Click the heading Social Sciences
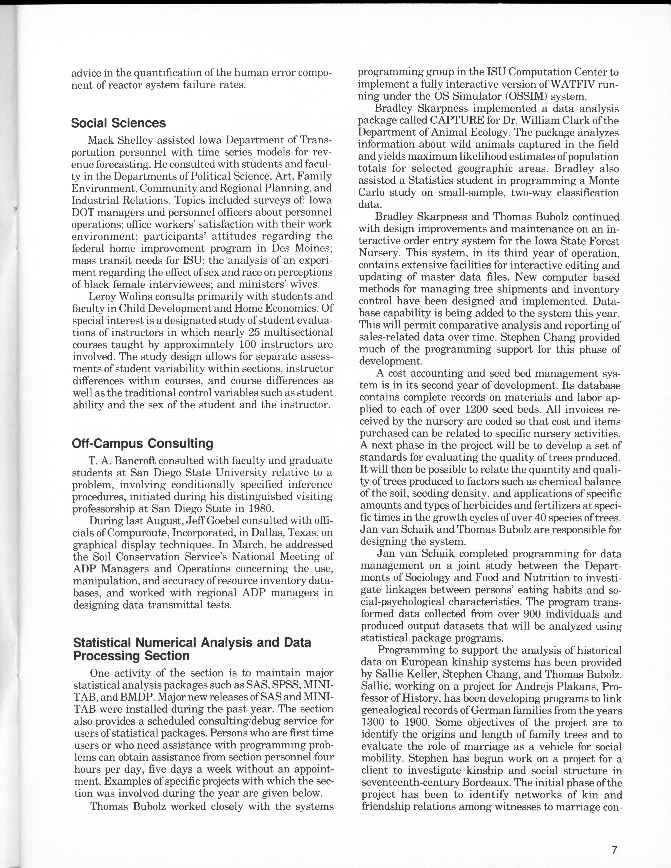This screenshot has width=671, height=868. pos(118,123)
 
